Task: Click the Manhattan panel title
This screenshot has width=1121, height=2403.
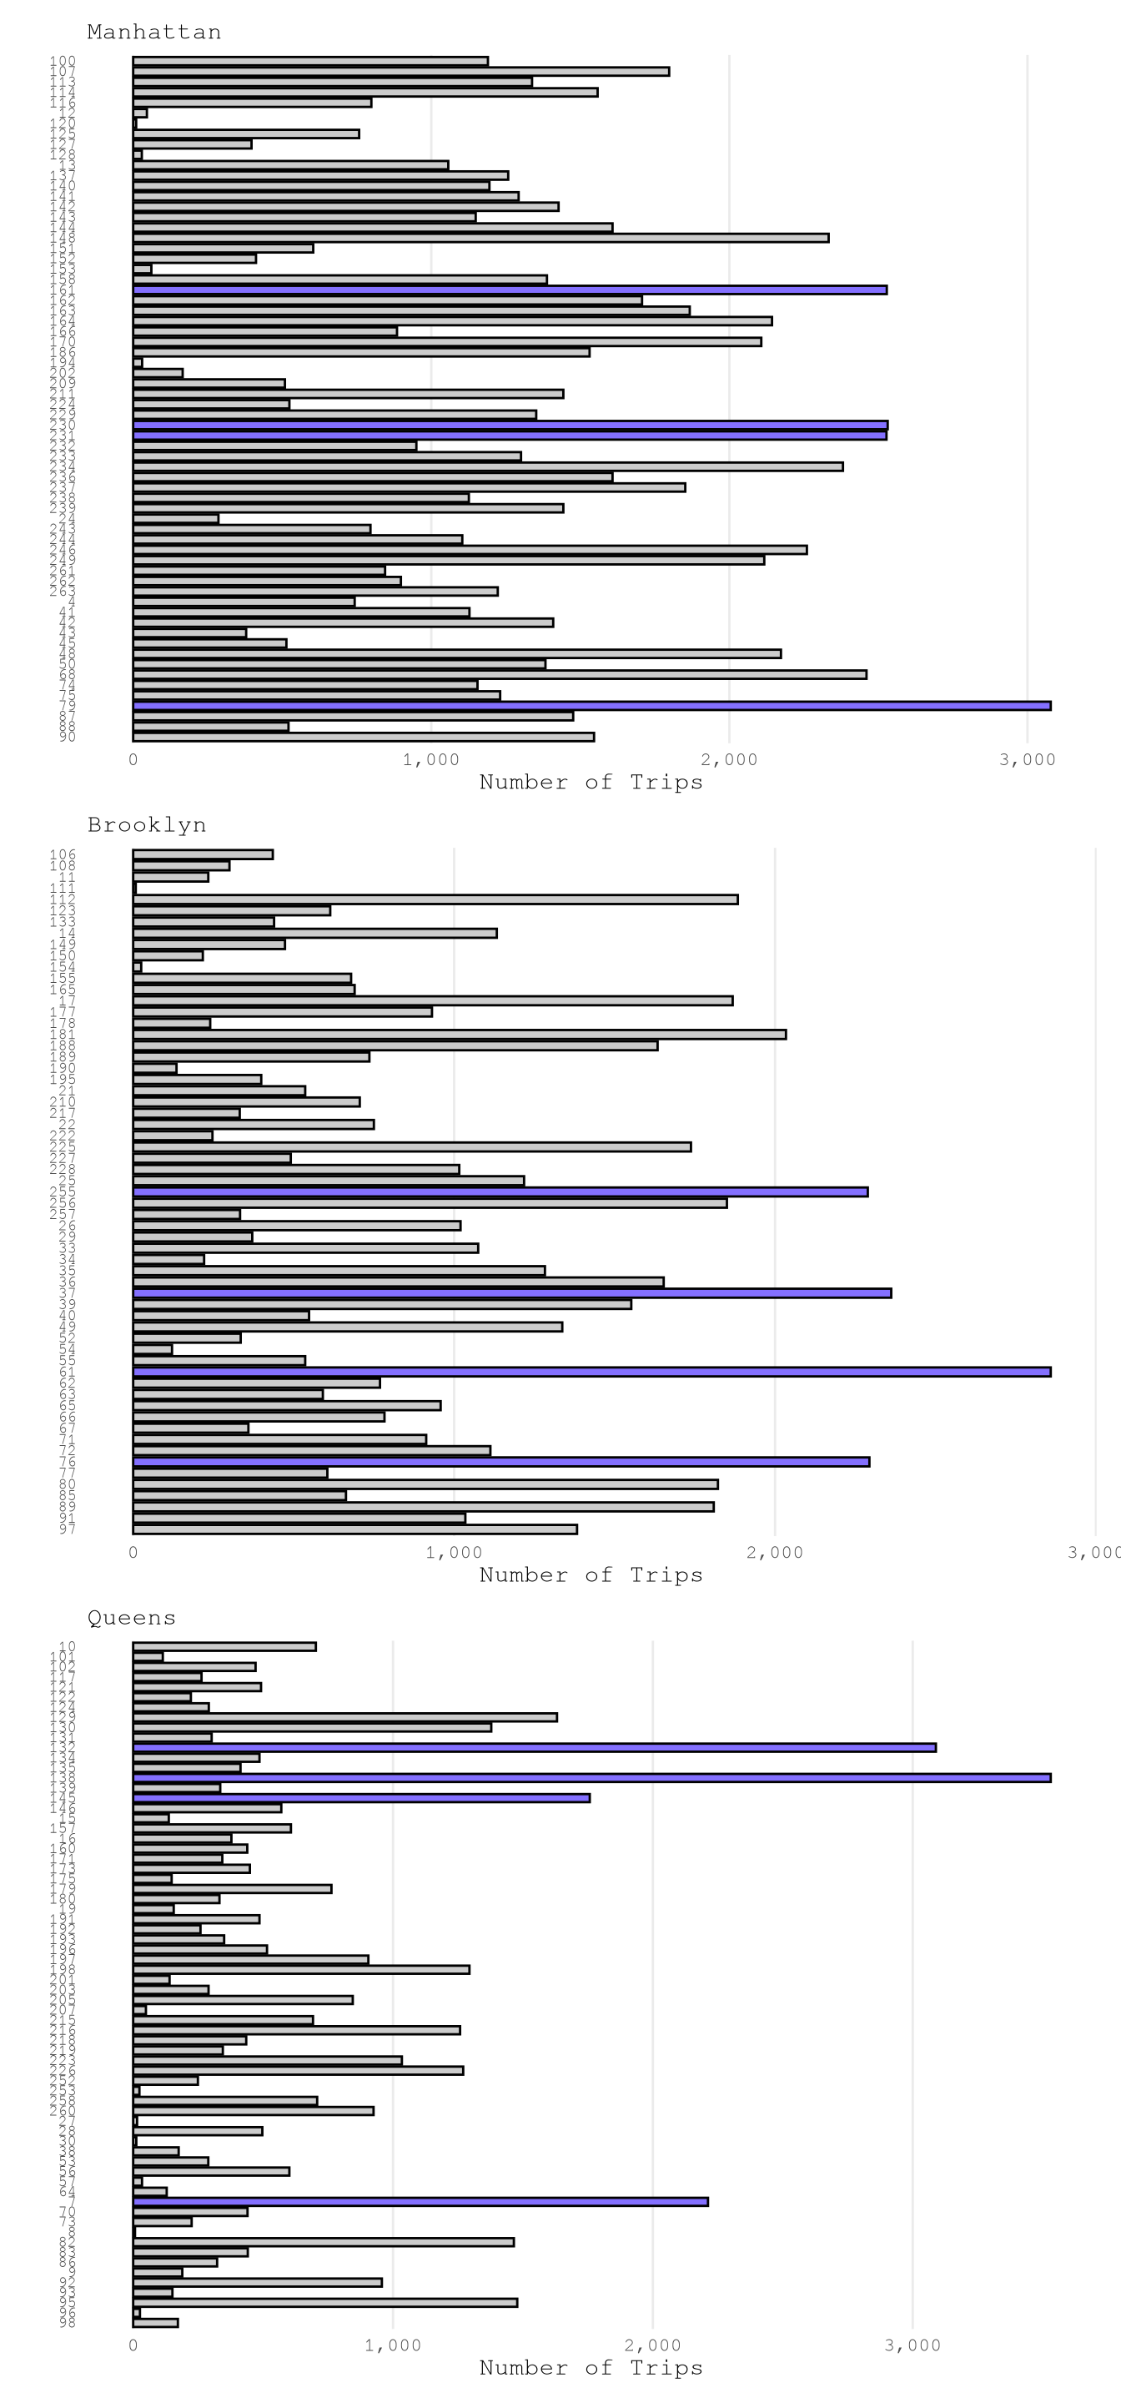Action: [153, 32]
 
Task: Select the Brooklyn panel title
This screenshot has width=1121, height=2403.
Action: [147, 824]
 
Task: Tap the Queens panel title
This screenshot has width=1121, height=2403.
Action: [132, 1618]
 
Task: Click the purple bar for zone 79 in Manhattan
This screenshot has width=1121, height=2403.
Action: [591, 705]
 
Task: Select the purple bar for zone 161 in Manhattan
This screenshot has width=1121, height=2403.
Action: [510, 290]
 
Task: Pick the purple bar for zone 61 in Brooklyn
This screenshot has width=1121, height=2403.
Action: [591, 1371]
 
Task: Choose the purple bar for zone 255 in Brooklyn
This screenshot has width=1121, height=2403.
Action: [500, 1192]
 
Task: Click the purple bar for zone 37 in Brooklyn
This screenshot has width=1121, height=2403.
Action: [512, 1293]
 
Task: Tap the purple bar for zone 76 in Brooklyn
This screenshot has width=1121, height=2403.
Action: [500, 1462]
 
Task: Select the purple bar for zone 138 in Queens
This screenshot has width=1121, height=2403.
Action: [591, 1778]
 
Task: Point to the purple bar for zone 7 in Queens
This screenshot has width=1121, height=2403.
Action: [420, 2202]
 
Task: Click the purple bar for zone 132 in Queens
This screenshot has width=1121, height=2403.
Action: [535, 1747]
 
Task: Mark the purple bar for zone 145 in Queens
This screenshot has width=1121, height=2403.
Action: [361, 1797]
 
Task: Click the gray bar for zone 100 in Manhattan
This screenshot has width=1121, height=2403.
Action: [310, 62]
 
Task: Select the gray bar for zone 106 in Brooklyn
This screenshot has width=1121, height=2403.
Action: [204, 854]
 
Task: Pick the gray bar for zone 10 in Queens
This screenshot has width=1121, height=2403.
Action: [224, 1646]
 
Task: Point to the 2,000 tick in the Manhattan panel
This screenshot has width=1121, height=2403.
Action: [729, 759]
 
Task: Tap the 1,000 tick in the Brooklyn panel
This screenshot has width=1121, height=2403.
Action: [455, 1552]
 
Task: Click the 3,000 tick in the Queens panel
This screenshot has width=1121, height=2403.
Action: [912, 2345]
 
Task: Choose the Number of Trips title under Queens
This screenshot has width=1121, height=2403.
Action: [591, 2368]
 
